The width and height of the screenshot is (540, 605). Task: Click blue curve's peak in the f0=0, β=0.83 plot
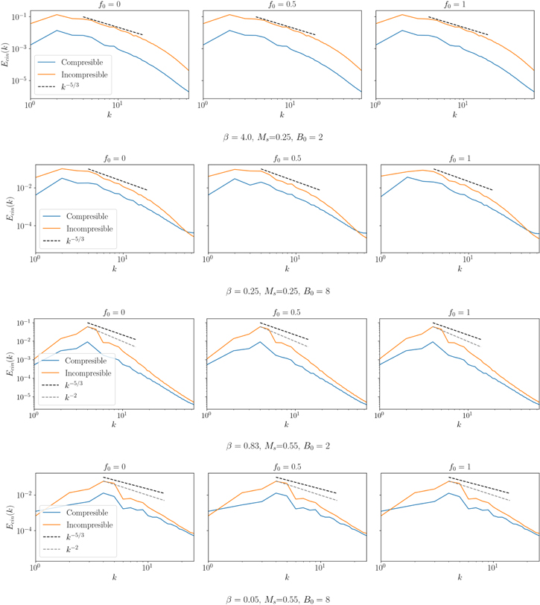tap(88, 342)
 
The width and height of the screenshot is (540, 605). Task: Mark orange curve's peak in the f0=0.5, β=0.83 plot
tap(261, 326)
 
